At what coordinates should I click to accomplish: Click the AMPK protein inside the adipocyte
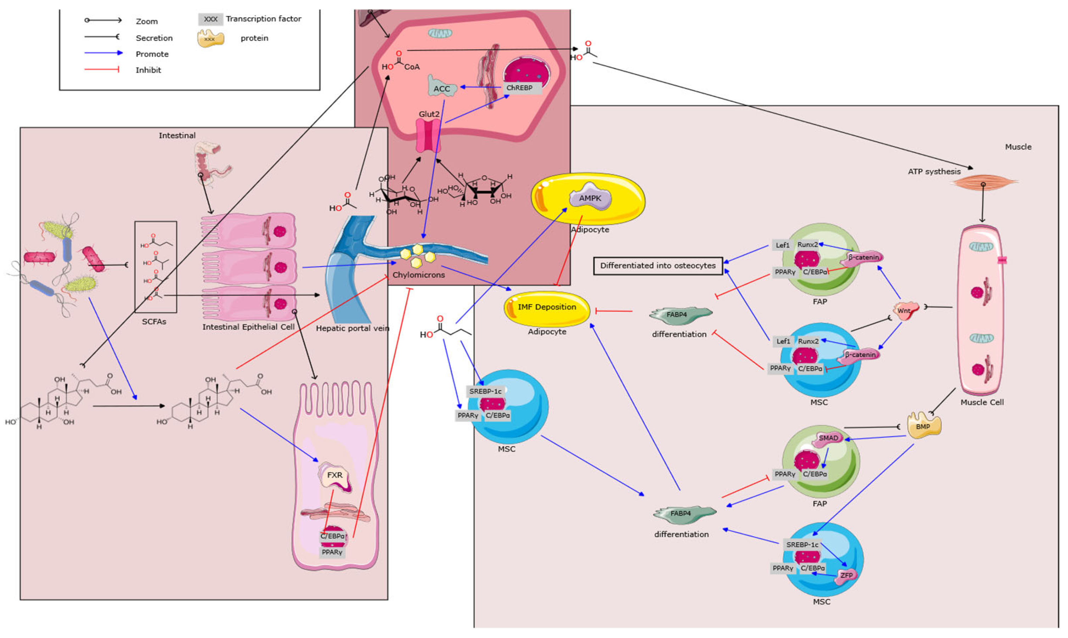coord(590,198)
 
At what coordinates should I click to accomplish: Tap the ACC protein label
coord(441,89)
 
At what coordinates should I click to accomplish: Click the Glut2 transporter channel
coord(428,135)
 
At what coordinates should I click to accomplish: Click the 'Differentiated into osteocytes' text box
coord(658,266)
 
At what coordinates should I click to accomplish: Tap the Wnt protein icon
coord(905,310)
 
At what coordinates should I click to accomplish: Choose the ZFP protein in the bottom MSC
coord(845,575)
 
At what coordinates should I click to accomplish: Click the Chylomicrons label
coord(418,275)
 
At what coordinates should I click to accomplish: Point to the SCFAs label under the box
coord(154,321)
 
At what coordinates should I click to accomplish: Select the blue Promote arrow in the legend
coord(103,53)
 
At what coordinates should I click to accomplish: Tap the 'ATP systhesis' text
coord(934,172)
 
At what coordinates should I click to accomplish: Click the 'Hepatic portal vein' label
coord(352,329)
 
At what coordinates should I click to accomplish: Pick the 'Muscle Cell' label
coord(982,402)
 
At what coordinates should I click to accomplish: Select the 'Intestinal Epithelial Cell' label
coord(249,327)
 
